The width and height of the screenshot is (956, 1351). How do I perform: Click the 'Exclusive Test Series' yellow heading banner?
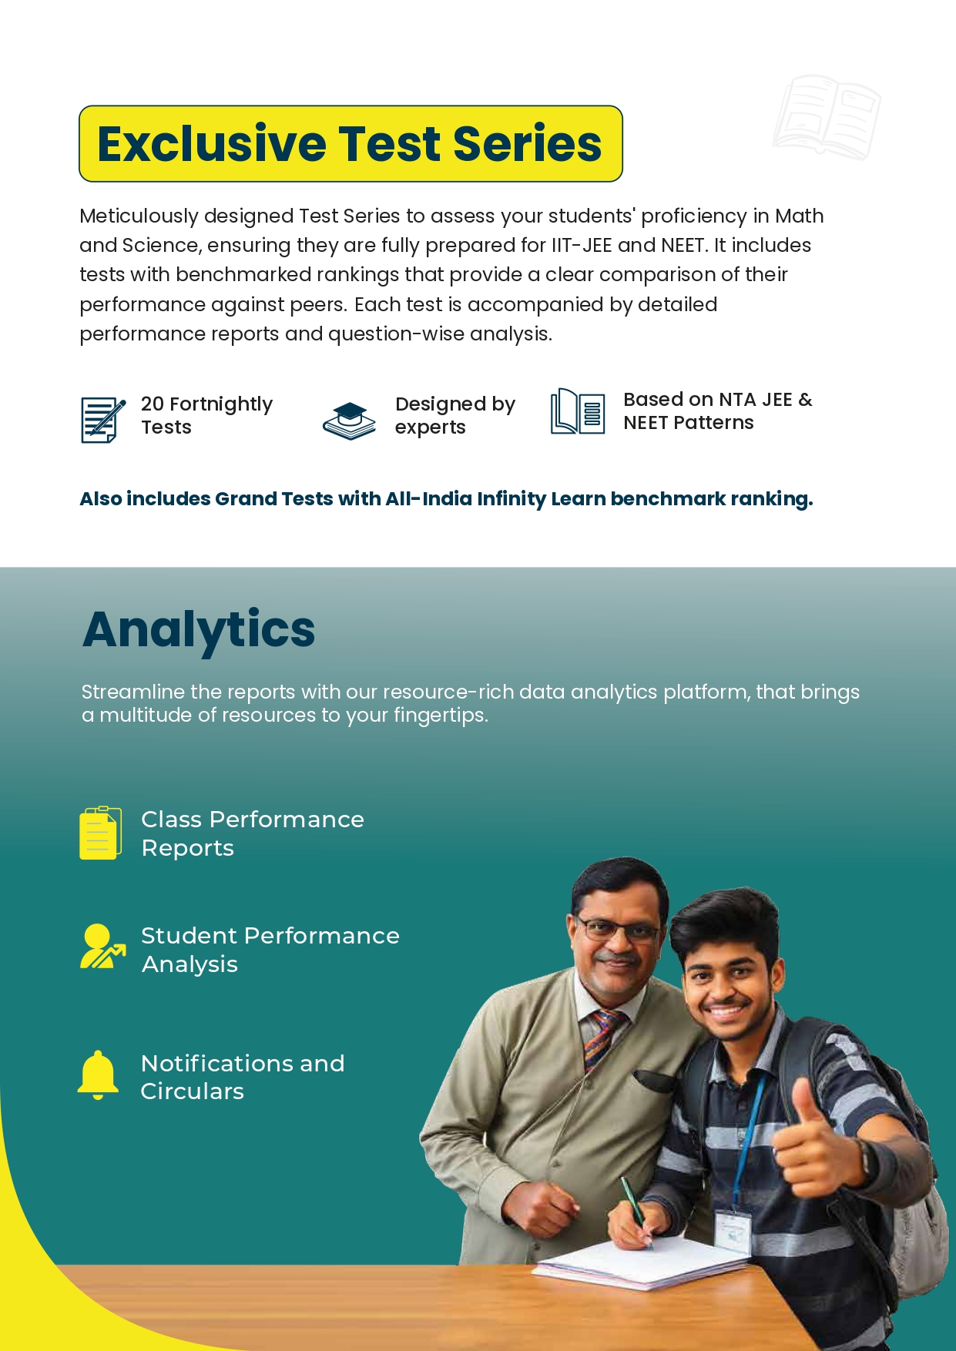(x=351, y=144)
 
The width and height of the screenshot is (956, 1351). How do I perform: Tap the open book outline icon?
(x=827, y=117)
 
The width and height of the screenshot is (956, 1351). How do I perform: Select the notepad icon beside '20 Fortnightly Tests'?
(x=102, y=419)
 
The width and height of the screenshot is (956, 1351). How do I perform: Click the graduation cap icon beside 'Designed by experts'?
(x=349, y=421)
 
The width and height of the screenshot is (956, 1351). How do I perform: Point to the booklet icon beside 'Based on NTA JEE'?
(x=577, y=411)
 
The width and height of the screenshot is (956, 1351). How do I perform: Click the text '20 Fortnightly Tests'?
(x=206, y=415)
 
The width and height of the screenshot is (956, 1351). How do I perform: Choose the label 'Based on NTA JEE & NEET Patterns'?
(x=717, y=411)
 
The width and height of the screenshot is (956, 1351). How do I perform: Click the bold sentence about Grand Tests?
(x=446, y=499)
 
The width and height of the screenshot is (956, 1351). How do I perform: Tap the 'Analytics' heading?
(x=199, y=630)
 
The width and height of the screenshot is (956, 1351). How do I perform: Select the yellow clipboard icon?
(x=100, y=833)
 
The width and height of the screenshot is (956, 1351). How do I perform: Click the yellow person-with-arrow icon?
(x=101, y=947)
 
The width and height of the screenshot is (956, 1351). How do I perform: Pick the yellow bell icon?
(x=98, y=1074)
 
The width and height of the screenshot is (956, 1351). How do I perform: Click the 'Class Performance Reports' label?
(x=252, y=833)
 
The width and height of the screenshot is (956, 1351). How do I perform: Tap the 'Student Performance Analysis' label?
(x=270, y=950)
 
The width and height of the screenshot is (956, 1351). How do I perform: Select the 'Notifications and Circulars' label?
(x=242, y=1077)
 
